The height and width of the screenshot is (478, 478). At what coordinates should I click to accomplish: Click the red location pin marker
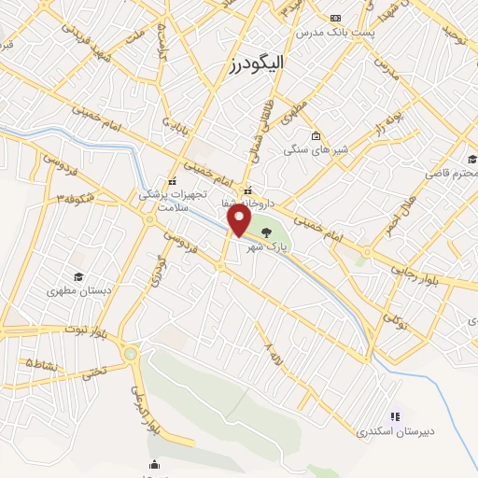tap(240, 220)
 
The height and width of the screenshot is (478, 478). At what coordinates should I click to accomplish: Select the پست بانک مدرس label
tap(335, 33)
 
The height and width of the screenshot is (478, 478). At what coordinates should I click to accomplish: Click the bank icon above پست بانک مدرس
tap(336, 18)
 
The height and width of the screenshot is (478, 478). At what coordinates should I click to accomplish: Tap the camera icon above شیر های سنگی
tap(316, 134)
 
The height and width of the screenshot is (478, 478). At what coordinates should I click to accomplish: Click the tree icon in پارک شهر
tap(269, 231)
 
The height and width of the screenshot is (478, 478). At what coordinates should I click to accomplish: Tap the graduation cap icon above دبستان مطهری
tap(79, 276)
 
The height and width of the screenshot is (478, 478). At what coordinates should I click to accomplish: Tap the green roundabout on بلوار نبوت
tap(130, 354)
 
